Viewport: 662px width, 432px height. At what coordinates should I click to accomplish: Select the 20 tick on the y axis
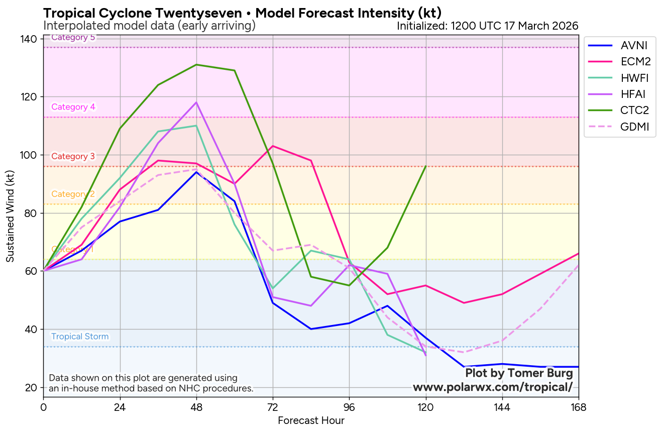[x=31, y=387]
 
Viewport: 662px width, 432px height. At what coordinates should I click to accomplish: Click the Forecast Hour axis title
[x=311, y=421]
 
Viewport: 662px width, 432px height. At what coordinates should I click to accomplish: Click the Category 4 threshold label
[x=73, y=107]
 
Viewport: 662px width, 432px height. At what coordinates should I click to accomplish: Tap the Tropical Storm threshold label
[x=80, y=337]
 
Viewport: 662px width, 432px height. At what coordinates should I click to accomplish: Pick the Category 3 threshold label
[x=73, y=156]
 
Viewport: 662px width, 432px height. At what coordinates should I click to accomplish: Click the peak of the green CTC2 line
[x=196, y=65]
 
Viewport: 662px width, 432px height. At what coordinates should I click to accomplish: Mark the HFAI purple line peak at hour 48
[x=196, y=102]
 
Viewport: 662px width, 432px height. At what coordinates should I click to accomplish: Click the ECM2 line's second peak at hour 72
[x=273, y=146]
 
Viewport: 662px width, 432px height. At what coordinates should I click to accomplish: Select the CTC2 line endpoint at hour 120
[x=426, y=166]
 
